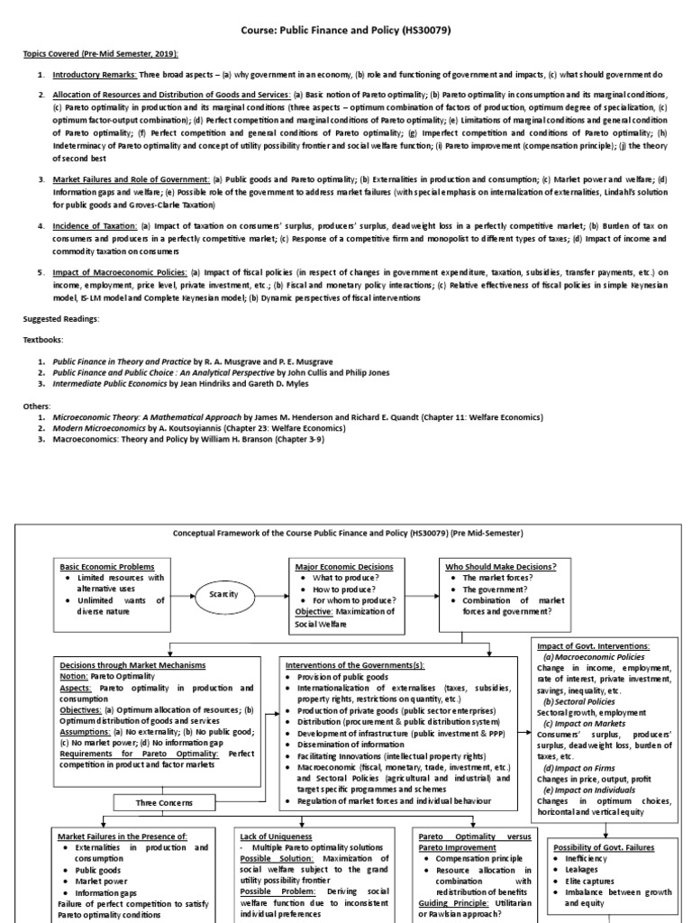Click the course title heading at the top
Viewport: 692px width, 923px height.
(345, 31)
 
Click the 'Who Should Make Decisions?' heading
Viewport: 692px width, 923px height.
(501, 566)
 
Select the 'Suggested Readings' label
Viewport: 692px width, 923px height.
(61, 319)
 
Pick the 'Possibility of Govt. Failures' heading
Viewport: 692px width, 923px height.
(603, 848)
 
